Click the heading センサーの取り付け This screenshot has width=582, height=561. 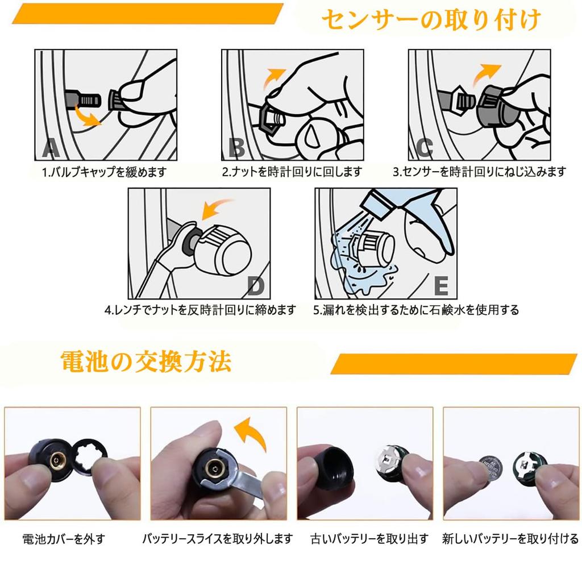pos(431,19)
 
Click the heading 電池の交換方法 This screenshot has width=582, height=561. pos(146,361)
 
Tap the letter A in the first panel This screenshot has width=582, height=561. pos(51,148)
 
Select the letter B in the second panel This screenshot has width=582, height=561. pos(236,148)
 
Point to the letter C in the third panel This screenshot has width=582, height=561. pos(425,148)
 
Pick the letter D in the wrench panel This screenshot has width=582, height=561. pos(256,286)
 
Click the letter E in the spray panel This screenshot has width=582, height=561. pos(441,286)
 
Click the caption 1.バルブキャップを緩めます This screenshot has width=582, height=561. pos(105,172)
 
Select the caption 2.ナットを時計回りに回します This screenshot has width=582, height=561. pos(292,172)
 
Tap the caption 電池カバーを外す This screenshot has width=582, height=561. pos(64,539)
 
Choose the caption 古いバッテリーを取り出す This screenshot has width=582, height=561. pos(369,539)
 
